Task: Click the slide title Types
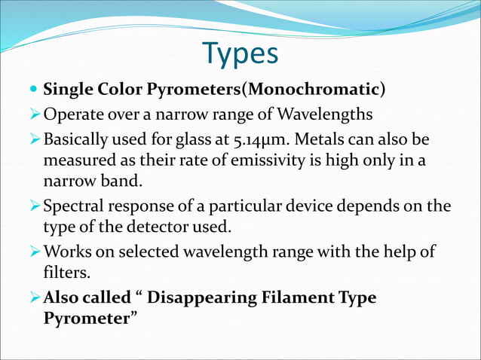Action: [240, 53]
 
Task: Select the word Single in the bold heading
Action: [67, 90]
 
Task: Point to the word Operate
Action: [73, 116]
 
